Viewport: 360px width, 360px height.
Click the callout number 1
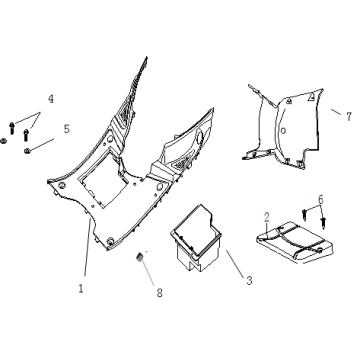pos(81,288)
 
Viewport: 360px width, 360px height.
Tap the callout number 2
pos(267,218)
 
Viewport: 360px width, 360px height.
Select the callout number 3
pos(249,281)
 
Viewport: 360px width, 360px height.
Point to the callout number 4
pos(51,99)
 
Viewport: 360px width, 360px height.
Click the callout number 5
pos(67,129)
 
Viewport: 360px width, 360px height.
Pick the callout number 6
pos(321,200)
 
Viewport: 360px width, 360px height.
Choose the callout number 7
pos(349,117)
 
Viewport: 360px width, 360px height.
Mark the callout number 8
pos(159,293)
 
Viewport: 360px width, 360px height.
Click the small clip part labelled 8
pos(140,257)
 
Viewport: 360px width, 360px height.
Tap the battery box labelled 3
pos(196,238)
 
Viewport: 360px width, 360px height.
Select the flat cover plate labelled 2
pos(295,242)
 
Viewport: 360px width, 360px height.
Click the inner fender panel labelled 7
pos(283,127)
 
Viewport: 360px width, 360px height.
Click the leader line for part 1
pos(87,247)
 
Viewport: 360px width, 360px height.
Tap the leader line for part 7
pos(336,112)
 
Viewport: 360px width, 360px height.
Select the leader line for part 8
pos(148,272)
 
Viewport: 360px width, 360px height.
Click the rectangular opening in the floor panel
pos(103,178)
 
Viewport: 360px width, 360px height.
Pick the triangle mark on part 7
pos(311,97)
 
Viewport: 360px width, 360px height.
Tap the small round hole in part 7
pos(283,131)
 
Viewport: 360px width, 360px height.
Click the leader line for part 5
pos(41,145)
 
